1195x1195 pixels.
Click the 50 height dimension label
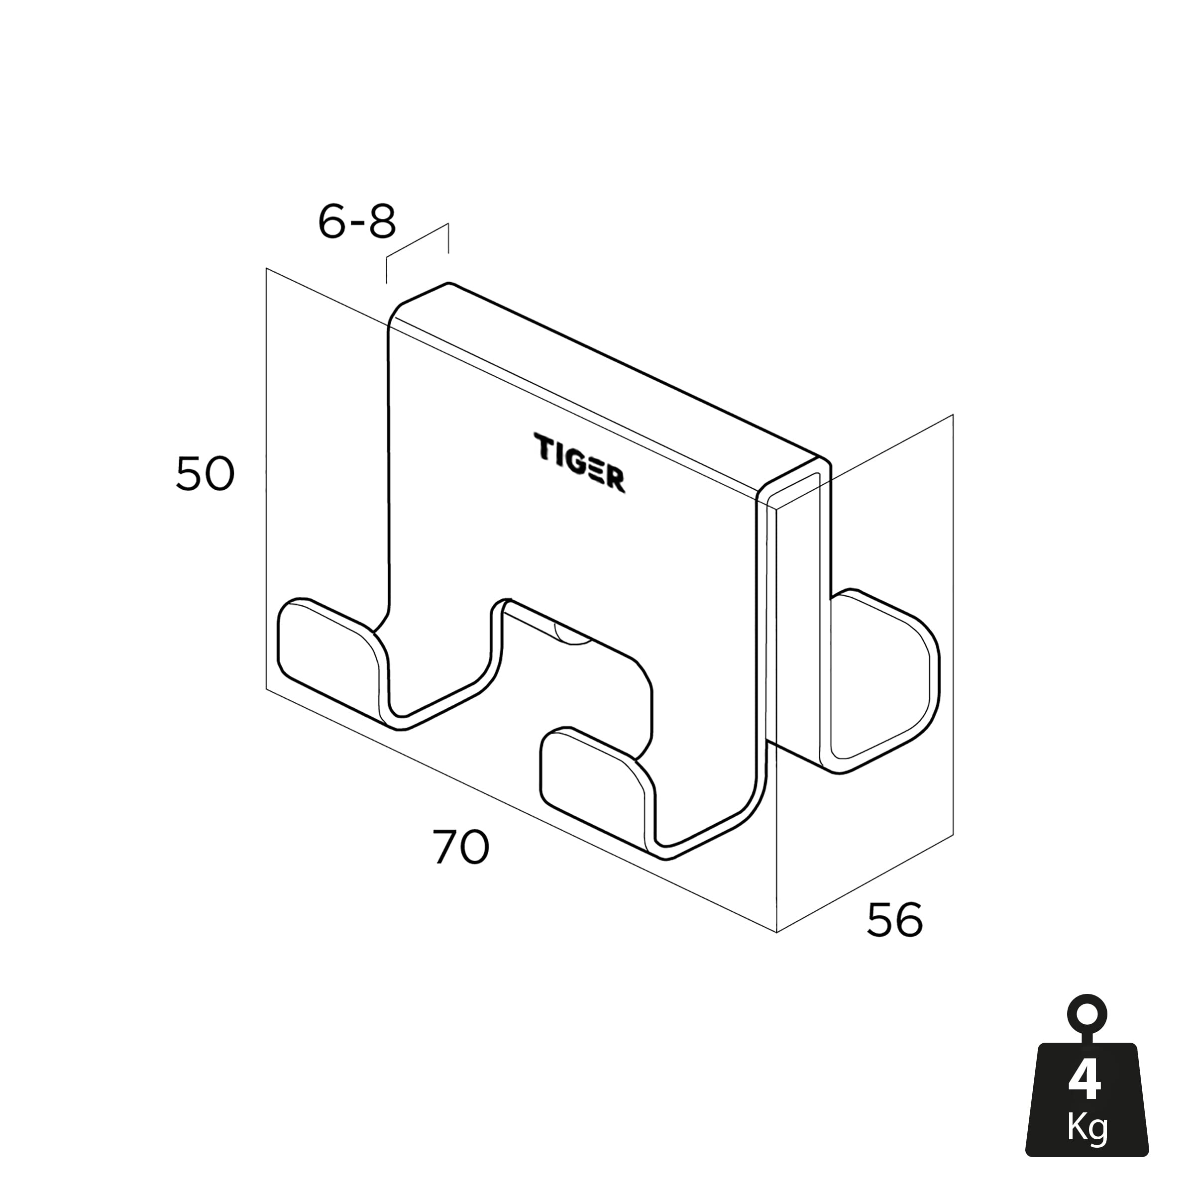[206, 474]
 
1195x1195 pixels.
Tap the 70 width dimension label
[461, 848]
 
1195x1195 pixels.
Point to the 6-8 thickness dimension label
[357, 221]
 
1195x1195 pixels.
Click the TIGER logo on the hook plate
[579, 463]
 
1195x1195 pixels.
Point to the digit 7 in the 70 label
[445, 848]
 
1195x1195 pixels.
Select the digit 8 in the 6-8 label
[382, 221]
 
